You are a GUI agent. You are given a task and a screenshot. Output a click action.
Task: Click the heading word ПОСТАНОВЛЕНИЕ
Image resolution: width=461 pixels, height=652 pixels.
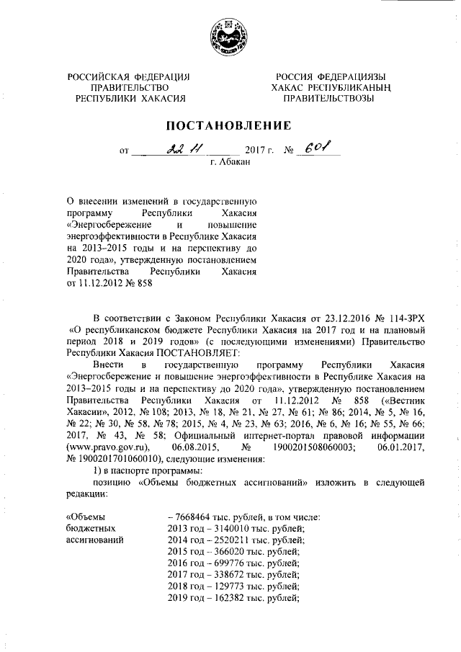pos(229,125)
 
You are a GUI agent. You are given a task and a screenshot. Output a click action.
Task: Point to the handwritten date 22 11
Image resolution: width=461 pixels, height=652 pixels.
pos(184,149)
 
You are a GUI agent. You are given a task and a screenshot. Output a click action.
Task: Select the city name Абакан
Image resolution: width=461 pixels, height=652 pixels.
pos(231,164)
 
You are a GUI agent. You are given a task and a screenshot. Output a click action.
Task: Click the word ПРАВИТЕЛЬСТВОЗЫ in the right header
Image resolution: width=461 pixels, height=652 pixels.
pos(327,99)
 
